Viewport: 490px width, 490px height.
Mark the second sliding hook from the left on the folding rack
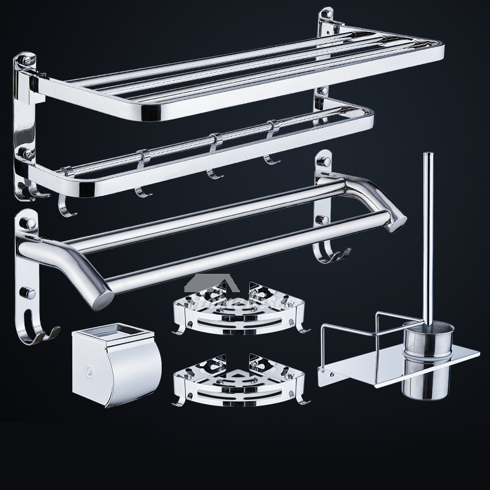pyautogui.click(x=140, y=178)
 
